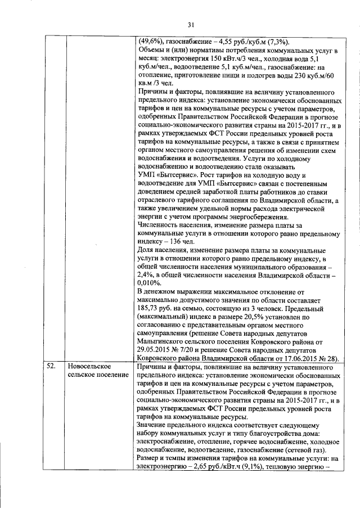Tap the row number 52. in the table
(x=50, y=367)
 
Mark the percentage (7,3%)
(x=278, y=43)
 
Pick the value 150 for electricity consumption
(x=227, y=58)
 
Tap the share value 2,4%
(x=145, y=274)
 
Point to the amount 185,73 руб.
(x=156, y=309)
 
